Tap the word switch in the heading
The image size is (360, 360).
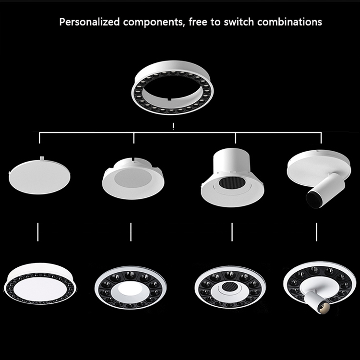244,22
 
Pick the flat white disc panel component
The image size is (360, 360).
39,176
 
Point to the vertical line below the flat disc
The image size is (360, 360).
37,232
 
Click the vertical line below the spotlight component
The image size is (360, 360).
316,232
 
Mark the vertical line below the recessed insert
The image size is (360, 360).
130,232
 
